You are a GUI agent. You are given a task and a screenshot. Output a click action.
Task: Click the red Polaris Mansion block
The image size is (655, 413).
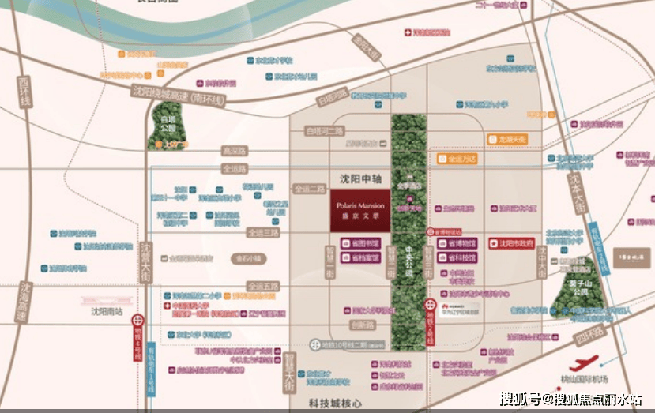coord(359,209)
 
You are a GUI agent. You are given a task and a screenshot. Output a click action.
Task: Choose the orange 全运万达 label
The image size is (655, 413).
coord(457,159)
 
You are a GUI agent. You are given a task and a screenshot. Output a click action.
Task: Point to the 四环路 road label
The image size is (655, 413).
coord(589,336)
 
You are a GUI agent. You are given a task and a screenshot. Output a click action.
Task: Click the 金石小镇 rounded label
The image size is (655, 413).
coord(250,258)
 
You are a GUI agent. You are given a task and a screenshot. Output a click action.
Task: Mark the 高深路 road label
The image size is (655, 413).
coord(234,150)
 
